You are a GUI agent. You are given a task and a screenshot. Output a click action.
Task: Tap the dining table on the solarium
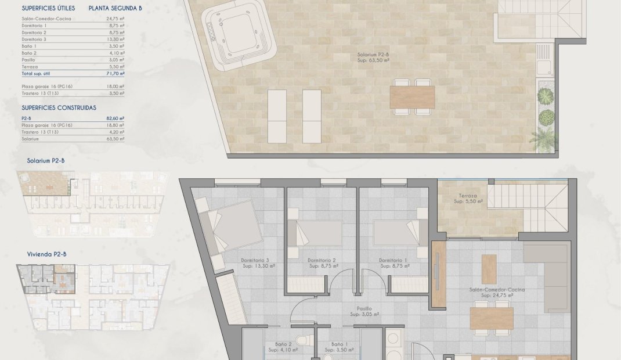(412, 96)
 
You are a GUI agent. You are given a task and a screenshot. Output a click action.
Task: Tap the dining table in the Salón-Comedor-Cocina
(492, 318)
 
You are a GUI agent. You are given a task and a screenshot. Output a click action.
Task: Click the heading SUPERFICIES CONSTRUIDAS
(59, 107)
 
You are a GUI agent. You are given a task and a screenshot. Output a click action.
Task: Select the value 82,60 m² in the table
(117, 118)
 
